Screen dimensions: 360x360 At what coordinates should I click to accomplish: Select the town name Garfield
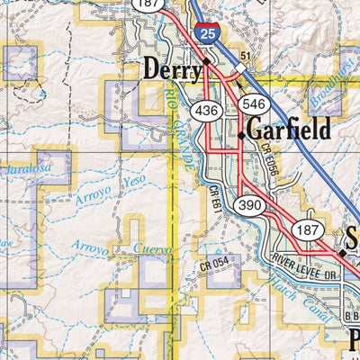(x=290, y=128)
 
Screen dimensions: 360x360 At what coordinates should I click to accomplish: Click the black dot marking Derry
(x=206, y=61)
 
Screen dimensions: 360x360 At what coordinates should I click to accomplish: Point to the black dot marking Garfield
(x=241, y=136)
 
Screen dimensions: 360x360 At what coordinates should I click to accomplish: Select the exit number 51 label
(x=243, y=56)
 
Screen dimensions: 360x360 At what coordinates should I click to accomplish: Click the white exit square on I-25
(x=241, y=67)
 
